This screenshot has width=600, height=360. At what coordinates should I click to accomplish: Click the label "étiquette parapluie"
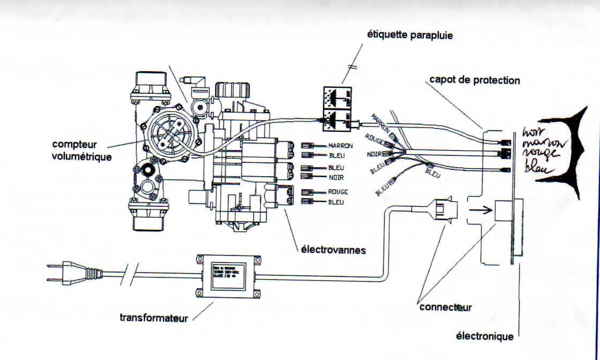409,35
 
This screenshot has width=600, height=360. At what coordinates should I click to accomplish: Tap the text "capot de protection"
474,80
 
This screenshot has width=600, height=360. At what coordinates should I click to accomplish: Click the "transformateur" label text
154,318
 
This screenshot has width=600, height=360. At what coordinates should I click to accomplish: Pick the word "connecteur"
445,307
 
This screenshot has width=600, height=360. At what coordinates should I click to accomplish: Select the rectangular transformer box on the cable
226,276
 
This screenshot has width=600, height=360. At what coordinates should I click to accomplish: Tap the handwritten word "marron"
542,144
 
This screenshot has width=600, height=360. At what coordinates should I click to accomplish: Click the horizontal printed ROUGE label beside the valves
338,191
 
